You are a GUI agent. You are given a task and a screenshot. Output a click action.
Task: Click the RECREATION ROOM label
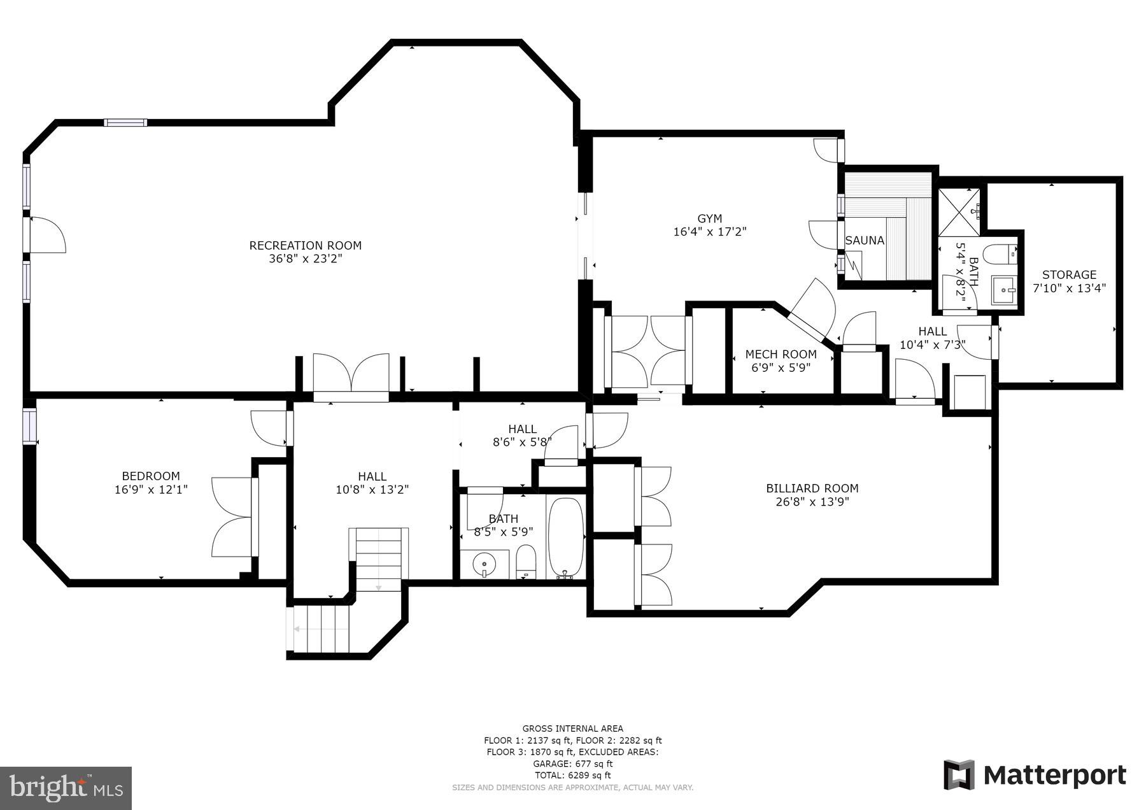305,245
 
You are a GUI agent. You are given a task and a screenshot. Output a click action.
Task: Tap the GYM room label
709,218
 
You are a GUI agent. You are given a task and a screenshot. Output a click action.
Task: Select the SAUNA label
865,241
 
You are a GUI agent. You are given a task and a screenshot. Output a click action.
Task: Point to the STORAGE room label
1069,274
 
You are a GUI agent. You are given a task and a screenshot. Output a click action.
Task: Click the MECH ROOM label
781,354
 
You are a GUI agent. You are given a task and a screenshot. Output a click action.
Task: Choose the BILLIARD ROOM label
812,488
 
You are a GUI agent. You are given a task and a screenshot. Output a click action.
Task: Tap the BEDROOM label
151,476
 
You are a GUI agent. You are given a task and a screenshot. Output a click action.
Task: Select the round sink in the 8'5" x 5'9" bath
485,564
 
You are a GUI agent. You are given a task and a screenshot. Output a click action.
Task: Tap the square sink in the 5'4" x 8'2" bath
1005,290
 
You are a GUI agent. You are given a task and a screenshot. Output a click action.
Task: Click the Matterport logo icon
959,775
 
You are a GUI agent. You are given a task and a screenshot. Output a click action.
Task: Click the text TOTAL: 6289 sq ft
573,775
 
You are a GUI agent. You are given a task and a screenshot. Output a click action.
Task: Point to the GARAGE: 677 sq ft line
573,764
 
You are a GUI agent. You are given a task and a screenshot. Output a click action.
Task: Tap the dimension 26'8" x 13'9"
812,502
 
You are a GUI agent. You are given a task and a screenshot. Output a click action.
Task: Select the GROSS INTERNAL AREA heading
573,728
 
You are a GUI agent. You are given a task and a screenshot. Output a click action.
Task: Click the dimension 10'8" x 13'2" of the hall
372,489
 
